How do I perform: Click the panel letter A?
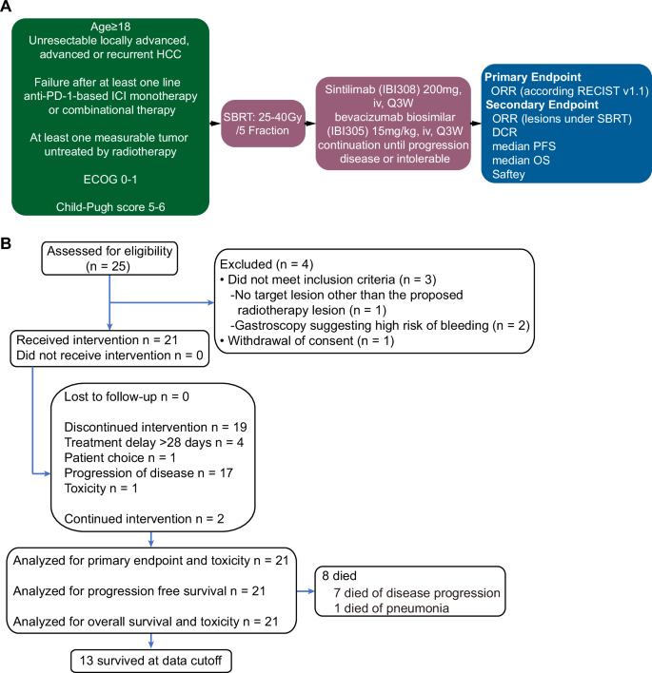(x=9, y=10)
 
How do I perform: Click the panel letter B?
(x=9, y=245)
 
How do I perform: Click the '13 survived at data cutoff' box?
(x=151, y=659)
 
